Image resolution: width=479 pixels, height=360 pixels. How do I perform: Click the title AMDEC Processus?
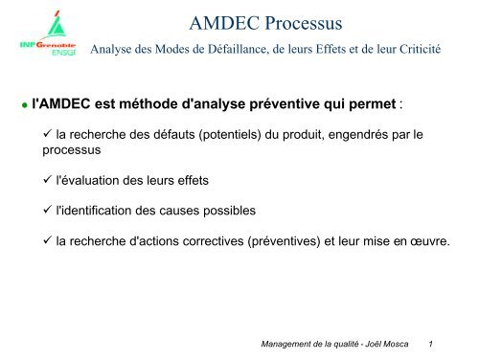(266, 22)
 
